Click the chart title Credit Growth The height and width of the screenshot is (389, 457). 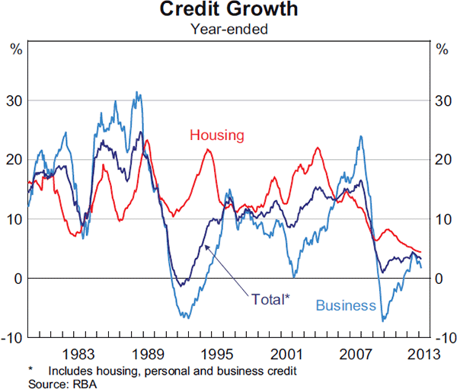228,11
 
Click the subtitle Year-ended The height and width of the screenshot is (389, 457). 228,30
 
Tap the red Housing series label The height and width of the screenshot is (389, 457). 217,136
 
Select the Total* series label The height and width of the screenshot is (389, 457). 270,298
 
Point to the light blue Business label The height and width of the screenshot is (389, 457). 346,306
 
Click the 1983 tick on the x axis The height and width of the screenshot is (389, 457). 79,353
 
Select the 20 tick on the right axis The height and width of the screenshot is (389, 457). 441,160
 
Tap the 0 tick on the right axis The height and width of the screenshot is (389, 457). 438,279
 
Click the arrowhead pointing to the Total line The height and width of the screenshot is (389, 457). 206,248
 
